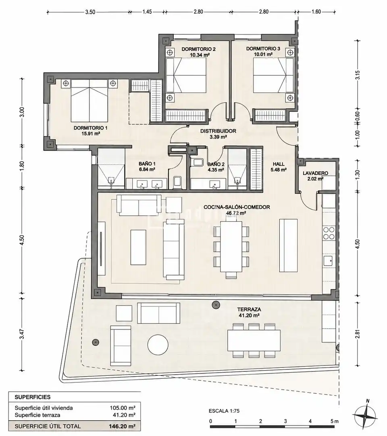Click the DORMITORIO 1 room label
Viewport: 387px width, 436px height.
click(90, 128)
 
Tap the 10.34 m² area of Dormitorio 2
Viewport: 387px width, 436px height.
click(200, 55)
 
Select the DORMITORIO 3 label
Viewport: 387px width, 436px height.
click(263, 49)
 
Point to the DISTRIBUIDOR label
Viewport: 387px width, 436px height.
click(218, 131)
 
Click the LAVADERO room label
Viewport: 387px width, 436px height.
click(315, 173)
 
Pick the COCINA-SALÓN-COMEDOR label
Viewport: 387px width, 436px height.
click(237, 207)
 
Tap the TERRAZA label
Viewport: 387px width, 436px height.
click(249, 309)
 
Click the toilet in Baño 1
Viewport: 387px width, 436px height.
click(177, 182)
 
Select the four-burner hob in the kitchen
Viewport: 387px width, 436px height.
click(329, 233)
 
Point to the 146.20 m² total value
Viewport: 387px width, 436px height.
click(123, 426)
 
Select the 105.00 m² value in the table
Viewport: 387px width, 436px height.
click(123, 408)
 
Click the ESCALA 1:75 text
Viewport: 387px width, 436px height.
click(224, 411)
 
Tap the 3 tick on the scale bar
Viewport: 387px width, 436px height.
click(285, 421)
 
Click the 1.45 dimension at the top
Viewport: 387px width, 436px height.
click(147, 12)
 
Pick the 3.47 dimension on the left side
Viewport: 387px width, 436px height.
click(22, 334)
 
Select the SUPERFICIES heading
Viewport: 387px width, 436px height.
click(33, 397)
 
